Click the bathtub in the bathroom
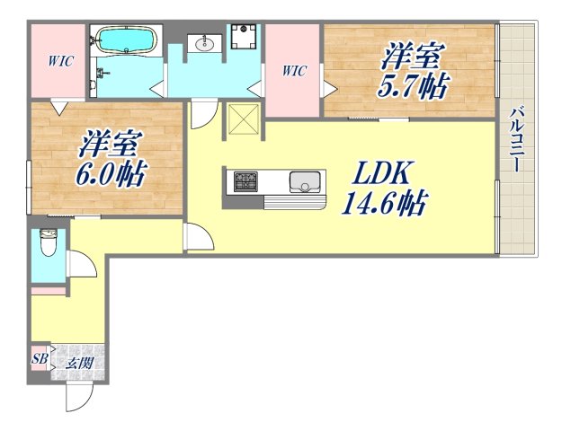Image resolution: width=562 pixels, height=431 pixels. pos(126,41)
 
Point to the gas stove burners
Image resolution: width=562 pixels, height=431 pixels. pos(245,183)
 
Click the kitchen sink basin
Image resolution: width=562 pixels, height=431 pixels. pos(305,183)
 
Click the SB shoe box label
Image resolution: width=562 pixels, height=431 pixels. pos(40,360)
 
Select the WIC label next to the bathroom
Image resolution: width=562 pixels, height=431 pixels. pos(60,61)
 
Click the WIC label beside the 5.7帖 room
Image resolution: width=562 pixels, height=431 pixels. pos(294,70)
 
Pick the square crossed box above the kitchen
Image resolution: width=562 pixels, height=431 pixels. pos(243,119)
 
